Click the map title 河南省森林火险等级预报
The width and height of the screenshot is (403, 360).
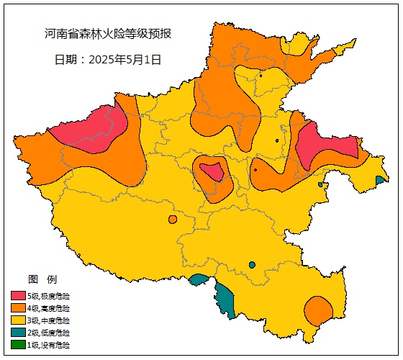pyautogui.click(x=108, y=34)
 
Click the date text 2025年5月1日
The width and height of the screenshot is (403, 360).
pyautogui.click(x=108, y=60)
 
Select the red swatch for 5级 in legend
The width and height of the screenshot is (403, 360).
pyautogui.click(x=18, y=296)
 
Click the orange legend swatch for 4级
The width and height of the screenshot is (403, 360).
pyautogui.click(x=18, y=308)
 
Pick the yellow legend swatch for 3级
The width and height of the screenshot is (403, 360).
pyautogui.click(x=18, y=320)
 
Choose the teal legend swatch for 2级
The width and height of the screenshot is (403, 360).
pyautogui.click(x=18, y=333)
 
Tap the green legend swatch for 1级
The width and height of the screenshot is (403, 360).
pyautogui.click(x=18, y=345)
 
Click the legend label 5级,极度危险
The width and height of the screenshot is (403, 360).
pyautogui.click(x=49, y=296)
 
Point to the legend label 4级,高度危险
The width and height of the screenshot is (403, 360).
pyautogui.click(x=49, y=308)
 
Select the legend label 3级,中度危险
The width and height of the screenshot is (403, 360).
pyautogui.click(x=49, y=320)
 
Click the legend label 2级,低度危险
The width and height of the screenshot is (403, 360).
pyautogui.click(x=49, y=333)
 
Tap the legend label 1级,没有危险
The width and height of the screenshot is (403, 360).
pyautogui.click(x=49, y=345)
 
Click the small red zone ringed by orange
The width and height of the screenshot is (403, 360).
pyautogui.click(x=212, y=172)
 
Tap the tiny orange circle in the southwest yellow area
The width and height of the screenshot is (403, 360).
pyautogui.click(x=172, y=220)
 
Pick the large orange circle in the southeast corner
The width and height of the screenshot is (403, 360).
pyautogui.click(x=317, y=311)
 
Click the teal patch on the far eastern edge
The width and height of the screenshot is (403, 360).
pyautogui.click(x=380, y=180)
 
